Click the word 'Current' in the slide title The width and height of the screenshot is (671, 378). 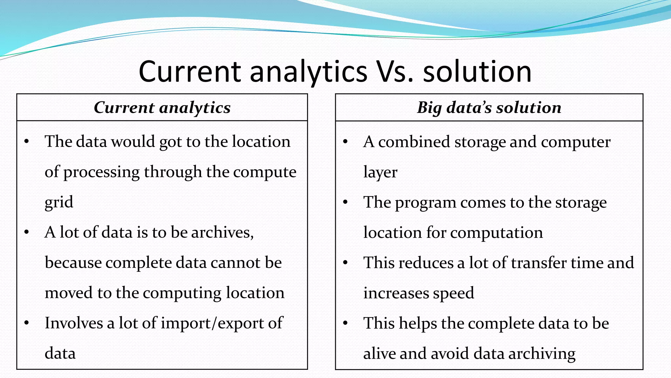(x=190, y=72)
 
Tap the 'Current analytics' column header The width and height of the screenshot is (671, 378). (x=162, y=108)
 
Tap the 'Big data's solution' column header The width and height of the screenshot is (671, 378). (x=489, y=108)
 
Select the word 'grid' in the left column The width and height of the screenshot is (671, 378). (x=59, y=202)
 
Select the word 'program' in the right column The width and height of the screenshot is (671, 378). (x=426, y=202)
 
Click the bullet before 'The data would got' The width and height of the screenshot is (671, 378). (x=27, y=142)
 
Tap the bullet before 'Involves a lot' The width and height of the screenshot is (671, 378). (x=27, y=323)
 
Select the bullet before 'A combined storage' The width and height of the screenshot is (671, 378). (x=345, y=142)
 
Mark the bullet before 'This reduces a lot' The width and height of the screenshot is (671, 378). (x=345, y=263)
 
